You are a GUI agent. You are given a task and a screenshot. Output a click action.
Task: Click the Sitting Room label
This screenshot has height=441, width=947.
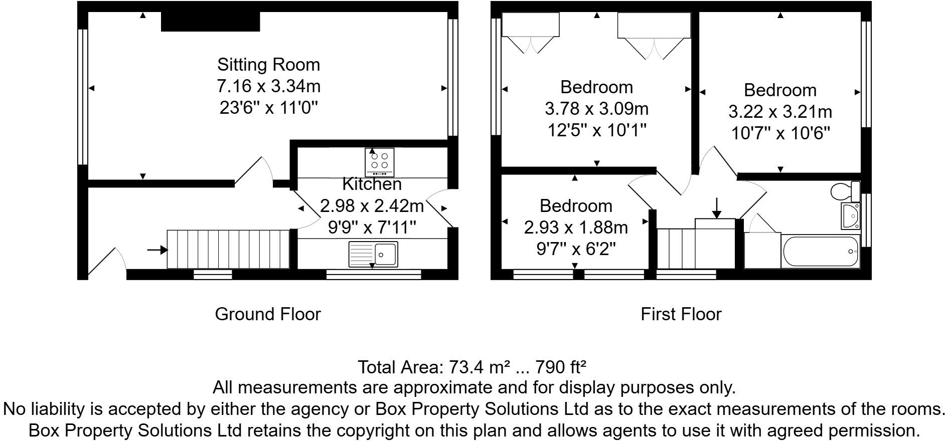(268, 65)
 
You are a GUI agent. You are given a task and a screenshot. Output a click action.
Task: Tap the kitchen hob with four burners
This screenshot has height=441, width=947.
(379, 162)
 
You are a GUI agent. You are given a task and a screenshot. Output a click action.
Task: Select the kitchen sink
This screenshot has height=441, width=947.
(373, 254)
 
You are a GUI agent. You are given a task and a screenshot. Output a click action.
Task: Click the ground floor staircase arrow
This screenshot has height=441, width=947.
(157, 250)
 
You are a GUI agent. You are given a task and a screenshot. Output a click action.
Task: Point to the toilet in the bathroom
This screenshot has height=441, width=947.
(845, 191)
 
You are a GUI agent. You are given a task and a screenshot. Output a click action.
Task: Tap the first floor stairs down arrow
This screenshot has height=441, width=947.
(717, 207)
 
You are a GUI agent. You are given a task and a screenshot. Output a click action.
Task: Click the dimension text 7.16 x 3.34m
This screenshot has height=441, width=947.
(268, 86)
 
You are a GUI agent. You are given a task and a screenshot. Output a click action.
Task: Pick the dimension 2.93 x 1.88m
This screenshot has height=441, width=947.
(576, 228)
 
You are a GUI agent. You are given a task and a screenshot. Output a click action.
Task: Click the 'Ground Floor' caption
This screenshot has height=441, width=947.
(267, 314)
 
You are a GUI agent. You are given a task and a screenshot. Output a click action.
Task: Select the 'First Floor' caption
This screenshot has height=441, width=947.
(681, 314)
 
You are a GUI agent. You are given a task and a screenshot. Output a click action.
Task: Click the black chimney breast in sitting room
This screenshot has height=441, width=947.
(210, 22)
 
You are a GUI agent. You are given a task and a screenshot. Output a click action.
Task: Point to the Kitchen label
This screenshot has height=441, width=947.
(372, 184)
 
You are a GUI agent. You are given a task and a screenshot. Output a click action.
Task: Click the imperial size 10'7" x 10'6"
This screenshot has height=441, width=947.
(780, 133)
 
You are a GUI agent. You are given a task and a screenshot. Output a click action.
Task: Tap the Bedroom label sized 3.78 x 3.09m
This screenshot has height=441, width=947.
(596, 87)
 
